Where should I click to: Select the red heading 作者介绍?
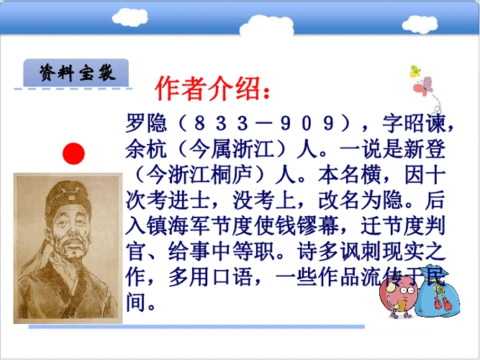[213, 89]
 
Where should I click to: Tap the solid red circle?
[73, 153]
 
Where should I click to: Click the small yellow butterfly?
[415, 71]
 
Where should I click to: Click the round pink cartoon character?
[397, 294]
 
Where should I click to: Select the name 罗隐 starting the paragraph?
[142, 124]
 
